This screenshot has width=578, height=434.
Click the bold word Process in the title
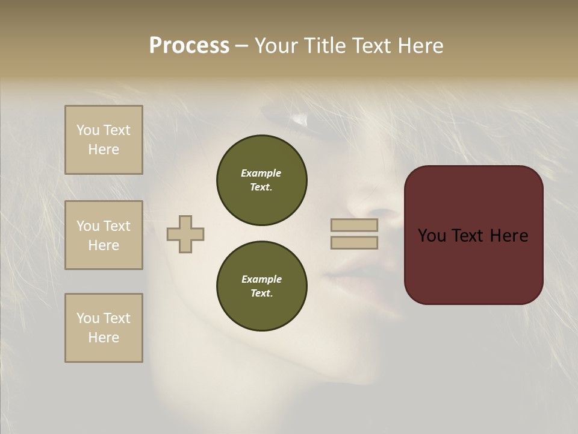[189, 46]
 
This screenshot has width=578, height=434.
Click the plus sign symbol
[185, 234]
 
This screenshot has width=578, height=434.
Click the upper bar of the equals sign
[355, 225]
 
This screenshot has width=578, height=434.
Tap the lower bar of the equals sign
[355, 242]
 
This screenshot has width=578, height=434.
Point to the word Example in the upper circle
[261, 173]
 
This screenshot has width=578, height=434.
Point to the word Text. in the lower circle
[261, 293]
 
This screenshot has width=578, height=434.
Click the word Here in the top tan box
[104, 149]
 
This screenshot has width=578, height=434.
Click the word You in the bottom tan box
[88, 318]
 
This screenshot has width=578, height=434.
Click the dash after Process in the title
[241, 46]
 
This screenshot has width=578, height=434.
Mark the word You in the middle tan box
[88, 226]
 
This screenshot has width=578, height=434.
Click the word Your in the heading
[278, 46]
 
